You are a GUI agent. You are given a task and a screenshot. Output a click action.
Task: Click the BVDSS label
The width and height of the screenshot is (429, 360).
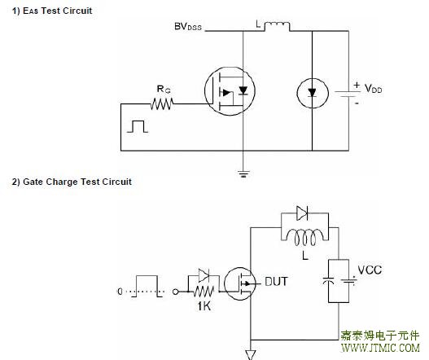tap(188, 27)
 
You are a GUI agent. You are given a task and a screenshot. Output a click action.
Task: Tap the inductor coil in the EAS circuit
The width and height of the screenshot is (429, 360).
tap(277, 26)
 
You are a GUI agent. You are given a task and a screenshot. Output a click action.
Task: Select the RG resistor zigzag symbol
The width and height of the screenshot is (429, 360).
tap(162, 103)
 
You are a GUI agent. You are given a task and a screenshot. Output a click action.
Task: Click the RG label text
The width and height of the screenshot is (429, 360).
tap(164, 89)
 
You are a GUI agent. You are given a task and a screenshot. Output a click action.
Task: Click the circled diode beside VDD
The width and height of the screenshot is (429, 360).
tap(312, 93)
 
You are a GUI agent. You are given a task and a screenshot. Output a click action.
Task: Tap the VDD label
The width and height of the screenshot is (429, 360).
tap(373, 89)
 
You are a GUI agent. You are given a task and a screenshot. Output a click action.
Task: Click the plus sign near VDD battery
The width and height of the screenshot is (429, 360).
tap(357, 85)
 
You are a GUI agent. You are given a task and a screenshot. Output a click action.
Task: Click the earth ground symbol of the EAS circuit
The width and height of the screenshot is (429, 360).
tap(243, 173)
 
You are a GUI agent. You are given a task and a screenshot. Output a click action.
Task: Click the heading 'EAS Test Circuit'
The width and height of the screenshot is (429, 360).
tap(52, 11)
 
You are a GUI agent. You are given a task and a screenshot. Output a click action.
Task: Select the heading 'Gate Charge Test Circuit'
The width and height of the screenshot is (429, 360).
tap(72, 182)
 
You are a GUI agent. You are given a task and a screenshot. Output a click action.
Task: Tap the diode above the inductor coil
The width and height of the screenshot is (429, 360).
tap(302, 213)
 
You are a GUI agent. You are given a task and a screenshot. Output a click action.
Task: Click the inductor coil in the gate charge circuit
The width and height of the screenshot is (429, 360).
tap(304, 237)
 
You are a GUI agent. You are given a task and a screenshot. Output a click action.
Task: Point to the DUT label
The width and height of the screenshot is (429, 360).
tap(276, 282)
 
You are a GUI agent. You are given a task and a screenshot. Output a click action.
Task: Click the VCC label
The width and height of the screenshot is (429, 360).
tap(370, 270)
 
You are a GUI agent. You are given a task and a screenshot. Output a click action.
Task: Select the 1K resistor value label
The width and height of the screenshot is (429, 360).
tap(204, 306)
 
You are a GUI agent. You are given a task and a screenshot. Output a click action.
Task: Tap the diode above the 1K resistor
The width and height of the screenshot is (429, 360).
tap(204, 275)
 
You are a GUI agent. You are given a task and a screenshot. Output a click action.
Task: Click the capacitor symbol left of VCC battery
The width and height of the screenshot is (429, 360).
tap(328, 281)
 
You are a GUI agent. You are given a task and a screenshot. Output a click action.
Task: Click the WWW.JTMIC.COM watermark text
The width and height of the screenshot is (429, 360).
tap(381, 348)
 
